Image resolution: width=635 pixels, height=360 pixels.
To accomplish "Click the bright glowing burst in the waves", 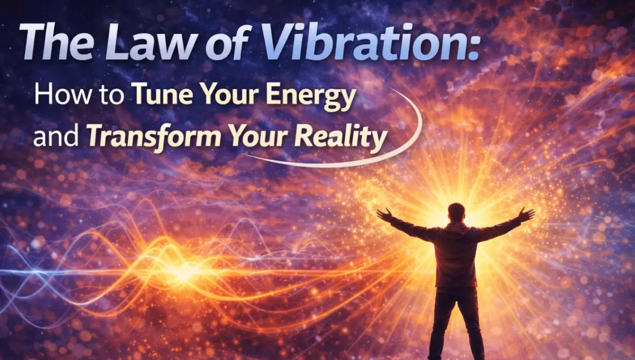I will pos(185,272).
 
